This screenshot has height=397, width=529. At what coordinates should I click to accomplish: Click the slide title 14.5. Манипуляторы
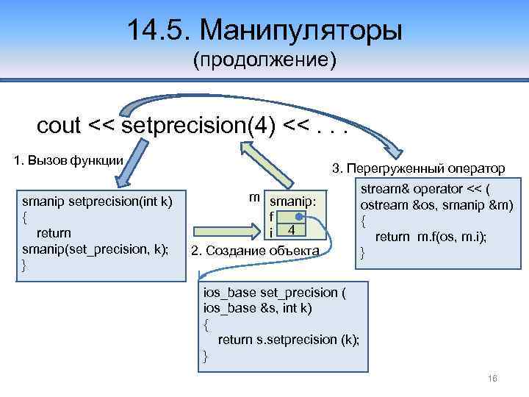pos(264,31)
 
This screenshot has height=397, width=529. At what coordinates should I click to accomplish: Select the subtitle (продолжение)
pos(264,60)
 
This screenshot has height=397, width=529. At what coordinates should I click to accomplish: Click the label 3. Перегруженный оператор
pos(418,169)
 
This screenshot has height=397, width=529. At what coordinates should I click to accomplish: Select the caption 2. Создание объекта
pos(255,251)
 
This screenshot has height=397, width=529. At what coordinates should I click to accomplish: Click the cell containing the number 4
pos(292,232)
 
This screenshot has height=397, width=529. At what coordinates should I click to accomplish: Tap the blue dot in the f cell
pos(299,218)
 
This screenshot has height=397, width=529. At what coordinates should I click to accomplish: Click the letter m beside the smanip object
pos(253,196)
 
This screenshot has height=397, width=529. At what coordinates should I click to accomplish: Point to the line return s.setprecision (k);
pos(288,339)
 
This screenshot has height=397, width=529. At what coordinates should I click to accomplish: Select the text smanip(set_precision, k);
pos(95,249)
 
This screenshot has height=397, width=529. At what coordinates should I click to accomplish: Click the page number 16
pos(492,378)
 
